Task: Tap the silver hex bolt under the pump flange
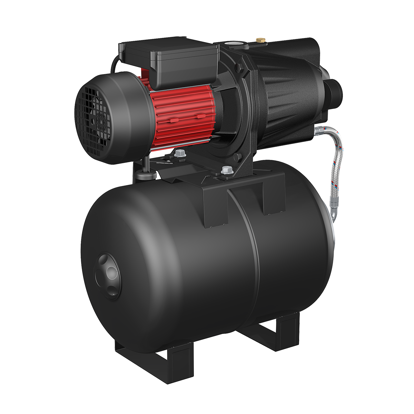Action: [x=226, y=170]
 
